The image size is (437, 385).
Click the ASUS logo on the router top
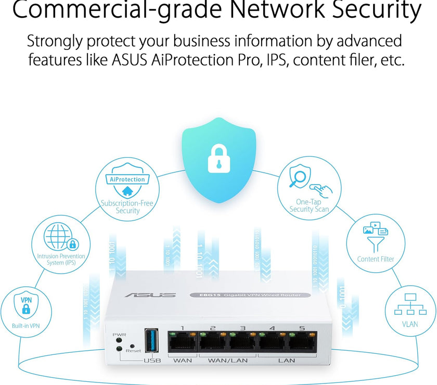150,296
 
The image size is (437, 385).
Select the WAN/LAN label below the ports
227,360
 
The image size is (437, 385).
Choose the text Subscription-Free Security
127,207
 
